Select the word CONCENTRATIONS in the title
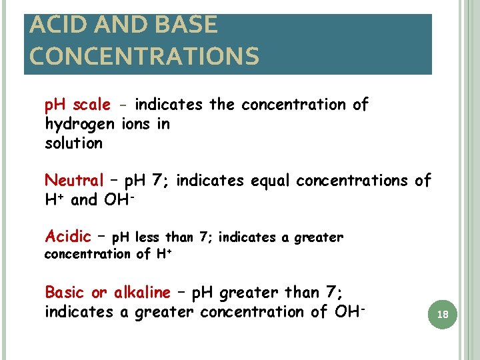[x=144, y=56]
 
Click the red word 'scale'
[x=92, y=105]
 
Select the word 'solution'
[x=73, y=143]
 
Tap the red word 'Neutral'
[x=74, y=181]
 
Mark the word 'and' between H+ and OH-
[x=84, y=199]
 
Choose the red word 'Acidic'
[x=67, y=236]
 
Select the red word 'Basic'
[x=65, y=292]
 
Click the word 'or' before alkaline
[x=99, y=292]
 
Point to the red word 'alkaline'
[x=142, y=292]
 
